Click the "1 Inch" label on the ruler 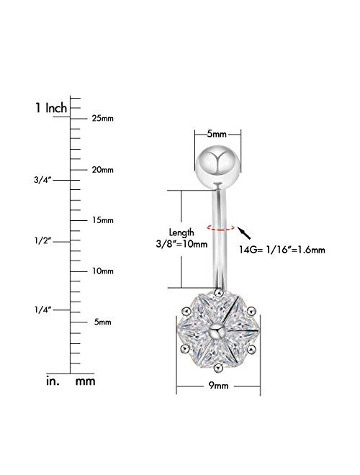pyautogui.click(x=51, y=108)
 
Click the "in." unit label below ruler pyautogui.click(x=48, y=382)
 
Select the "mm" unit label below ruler pyautogui.click(x=86, y=382)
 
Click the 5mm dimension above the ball pyautogui.click(x=217, y=134)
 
